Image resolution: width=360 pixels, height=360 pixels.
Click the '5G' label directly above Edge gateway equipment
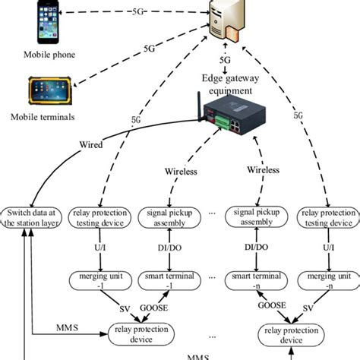(225, 59)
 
